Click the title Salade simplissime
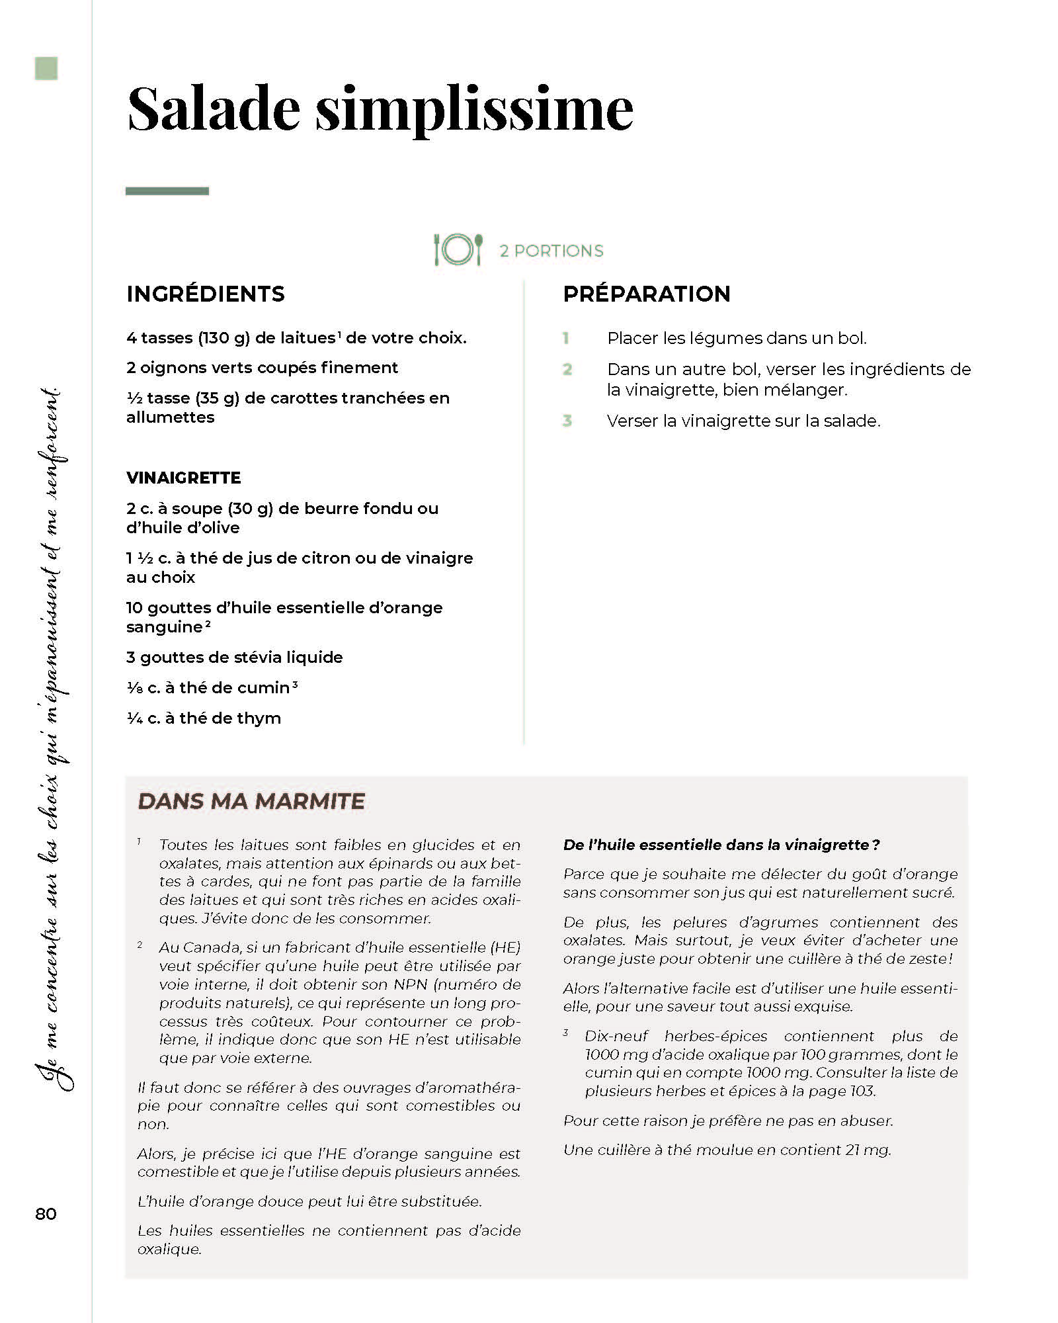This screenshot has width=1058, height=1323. pos(380,109)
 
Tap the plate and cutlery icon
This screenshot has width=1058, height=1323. pos(458,250)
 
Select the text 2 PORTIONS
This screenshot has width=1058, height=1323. pos(551,251)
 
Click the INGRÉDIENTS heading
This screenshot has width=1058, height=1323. pos(206,294)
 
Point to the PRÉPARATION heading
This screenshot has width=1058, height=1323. pos(646,294)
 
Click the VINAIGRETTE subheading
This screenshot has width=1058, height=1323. pos(184,478)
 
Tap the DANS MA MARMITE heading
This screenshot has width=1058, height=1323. pos(251,801)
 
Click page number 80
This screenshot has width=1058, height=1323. pos(46,1214)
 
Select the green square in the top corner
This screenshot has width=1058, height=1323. pos(46,69)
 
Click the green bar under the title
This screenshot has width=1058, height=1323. pos(167,191)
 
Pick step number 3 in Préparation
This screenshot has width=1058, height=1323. pos(567,421)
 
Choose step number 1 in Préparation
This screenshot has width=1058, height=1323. pos(566,338)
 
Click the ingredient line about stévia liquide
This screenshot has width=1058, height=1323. pos(235,658)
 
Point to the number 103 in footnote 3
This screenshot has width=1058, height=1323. pos(862,1091)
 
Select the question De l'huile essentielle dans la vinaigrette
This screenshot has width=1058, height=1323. pos(721,845)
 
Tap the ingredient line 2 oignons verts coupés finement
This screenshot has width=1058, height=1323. pos(262,368)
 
